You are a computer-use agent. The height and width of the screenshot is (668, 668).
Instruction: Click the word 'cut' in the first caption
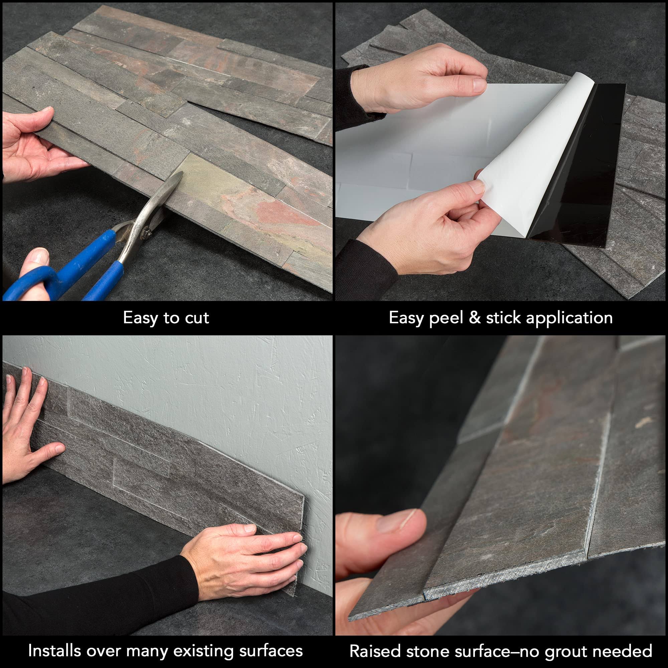(197, 317)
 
